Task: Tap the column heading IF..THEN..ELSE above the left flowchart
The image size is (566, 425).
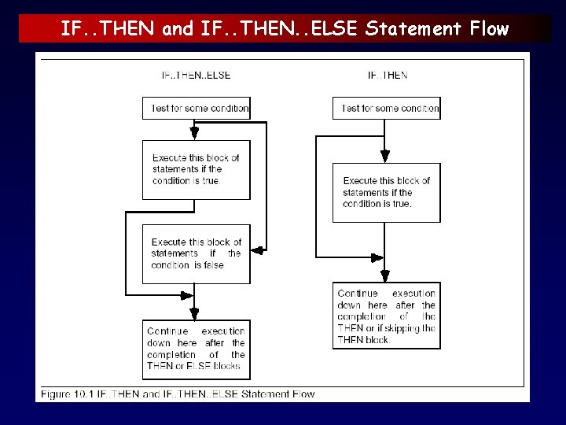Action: (x=196, y=76)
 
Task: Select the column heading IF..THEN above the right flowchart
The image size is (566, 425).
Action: (x=388, y=76)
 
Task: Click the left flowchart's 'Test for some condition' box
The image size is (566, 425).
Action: (x=196, y=108)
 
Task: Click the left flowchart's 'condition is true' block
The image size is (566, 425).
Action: (x=196, y=169)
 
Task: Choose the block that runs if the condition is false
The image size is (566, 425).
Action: (x=196, y=253)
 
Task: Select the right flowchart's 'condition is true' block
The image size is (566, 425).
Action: (x=386, y=192)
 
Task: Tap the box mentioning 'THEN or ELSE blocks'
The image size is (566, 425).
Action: (x=196, y=349)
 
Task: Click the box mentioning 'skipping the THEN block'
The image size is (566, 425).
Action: (x=386, y=316)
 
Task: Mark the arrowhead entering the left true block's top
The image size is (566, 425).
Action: (x=195, y=135)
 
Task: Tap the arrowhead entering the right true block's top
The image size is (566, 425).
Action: (x=384, y=157)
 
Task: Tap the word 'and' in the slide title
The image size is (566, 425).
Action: (x=177, y=29)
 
